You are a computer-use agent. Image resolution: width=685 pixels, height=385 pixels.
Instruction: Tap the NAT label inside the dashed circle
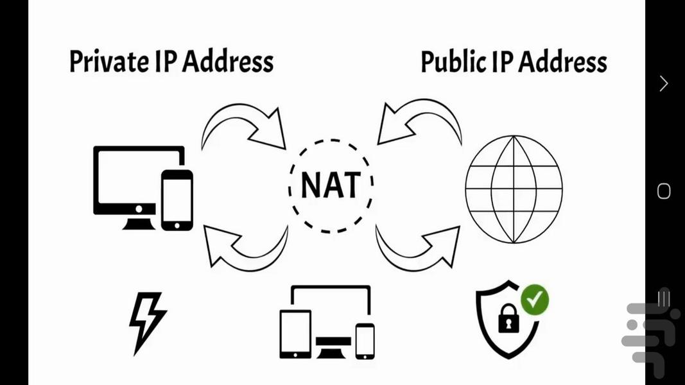click(331, 185)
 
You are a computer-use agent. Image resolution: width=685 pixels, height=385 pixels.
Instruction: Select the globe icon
click(514, 189)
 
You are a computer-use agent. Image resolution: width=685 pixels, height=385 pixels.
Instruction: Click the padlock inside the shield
click(508, 318)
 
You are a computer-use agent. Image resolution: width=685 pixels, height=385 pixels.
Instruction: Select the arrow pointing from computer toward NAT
click(244, 125)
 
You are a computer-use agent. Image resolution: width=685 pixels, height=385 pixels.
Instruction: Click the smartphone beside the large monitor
click(177, 200)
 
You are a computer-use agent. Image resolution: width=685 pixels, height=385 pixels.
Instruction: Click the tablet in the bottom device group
click(295, 334)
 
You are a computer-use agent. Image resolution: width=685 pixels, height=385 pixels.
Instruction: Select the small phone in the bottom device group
click(365, 340)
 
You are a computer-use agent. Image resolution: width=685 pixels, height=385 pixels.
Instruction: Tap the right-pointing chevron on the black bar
click(664, 83)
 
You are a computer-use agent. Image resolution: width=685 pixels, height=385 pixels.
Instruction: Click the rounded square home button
click(664, 191)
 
